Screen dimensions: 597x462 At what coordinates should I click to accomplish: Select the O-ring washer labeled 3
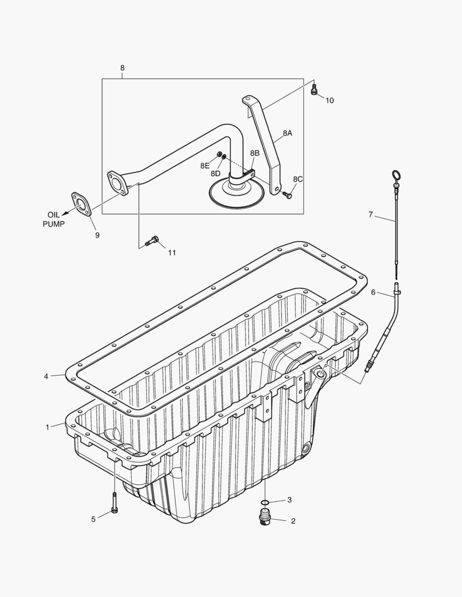click(265, 503)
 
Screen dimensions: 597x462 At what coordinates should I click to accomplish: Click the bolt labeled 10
click(315, 90)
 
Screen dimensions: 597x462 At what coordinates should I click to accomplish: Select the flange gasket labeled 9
click(82, 204)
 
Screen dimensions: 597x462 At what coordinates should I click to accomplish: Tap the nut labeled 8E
click(219, 154)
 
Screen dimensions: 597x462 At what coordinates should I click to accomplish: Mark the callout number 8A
click(287, 133)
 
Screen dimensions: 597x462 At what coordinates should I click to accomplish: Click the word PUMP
click(54, 224)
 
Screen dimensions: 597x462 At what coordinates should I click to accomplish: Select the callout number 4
click(46, 376)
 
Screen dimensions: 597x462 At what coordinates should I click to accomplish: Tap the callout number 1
click(48, 427)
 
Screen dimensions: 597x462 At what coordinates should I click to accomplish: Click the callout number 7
click(371, 214)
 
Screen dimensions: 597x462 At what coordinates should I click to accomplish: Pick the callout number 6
click(373, 292)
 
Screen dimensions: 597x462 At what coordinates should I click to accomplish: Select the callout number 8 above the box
click(122, 68)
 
